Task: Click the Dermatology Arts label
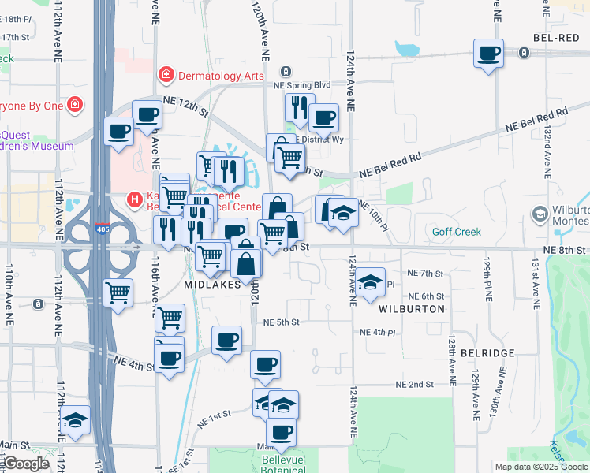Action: [x=220, y=75]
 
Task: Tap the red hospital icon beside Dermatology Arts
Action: [x=166, y=75]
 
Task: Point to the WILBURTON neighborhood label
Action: [x=412, y=309]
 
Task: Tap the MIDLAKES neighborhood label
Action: [x=211, y=285]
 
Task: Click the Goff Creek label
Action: [x=456, y=232]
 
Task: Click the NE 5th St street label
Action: [x=282, y=322]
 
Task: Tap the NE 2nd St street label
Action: [x=415, y=385]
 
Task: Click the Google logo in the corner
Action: [x=26, y=464]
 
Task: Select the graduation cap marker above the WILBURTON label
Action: [x=369, y=283]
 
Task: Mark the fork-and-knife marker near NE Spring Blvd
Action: [x=299, y=107]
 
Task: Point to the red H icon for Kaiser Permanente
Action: [x=135, y=200]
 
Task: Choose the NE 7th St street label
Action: [x=426, y=273]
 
